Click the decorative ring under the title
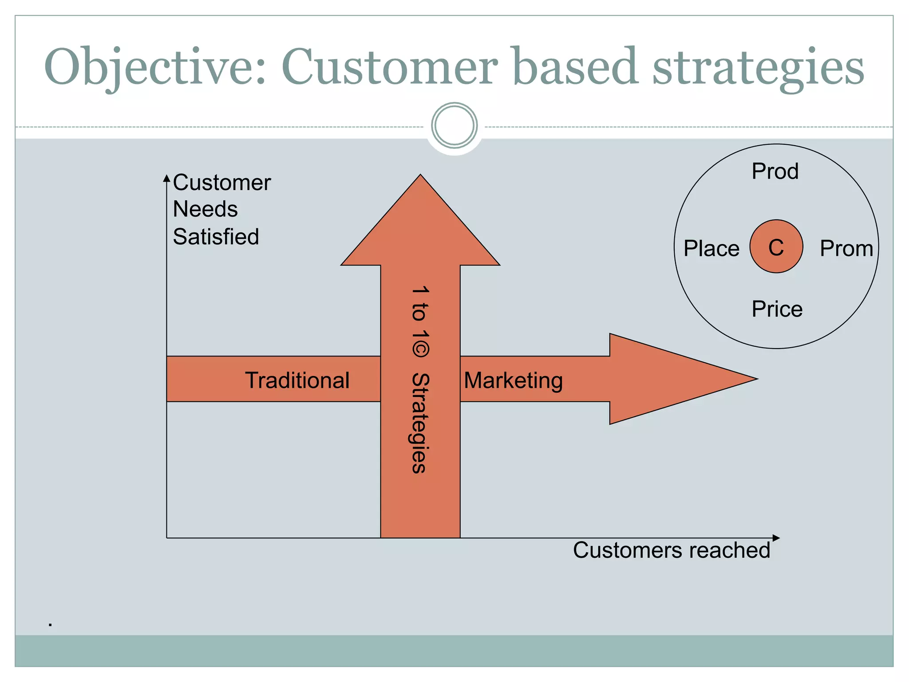[454, 126]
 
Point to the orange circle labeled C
[776, 246]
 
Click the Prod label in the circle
[775, 171]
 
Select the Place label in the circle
[711, 248]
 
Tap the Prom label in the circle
[846, 248]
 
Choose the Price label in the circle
[777, 309]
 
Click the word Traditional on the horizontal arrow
[297, 381]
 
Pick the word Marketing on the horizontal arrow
[513, 381]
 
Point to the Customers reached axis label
[671, 550]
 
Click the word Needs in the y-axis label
[205, 209]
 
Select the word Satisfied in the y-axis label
[216, 237]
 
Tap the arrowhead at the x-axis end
[776, 538]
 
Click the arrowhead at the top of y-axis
[167, 178]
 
